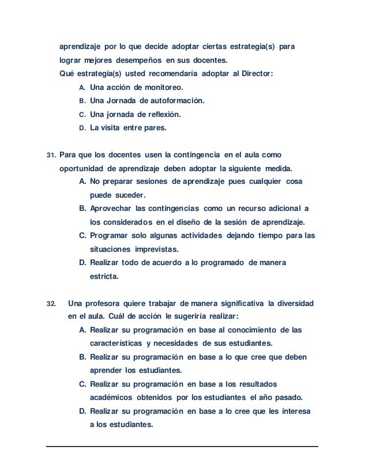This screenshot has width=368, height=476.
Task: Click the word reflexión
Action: pos(159,114)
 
